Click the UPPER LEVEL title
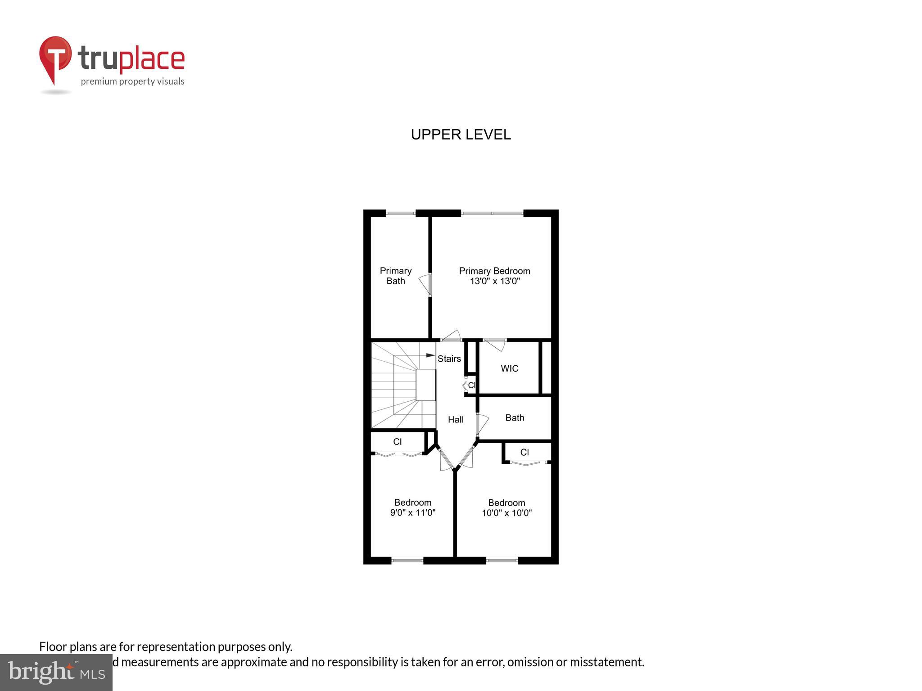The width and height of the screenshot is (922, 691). pyautogui.click(x=461, y=135)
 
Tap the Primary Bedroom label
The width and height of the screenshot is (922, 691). pyautogui.click(x=494, y=271)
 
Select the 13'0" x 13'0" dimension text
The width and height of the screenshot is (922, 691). pyautogui.click(x=495, y=281)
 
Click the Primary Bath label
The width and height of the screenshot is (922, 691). pyautogui.click(x=395, y=276)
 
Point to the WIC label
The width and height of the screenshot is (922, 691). pyautogui.click(x=509, y=368)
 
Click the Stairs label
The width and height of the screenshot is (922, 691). pyautogui.click(x=449, y=359)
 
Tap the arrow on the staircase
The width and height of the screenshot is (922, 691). pyautogui.click(x=430, y=355)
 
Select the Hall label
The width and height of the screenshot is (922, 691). pyautogui.click(x=456, y=420)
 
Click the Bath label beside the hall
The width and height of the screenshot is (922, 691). pyautogui.click(x=515, y=418)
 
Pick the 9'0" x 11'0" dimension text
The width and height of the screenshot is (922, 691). pyautogui.click(x=412, y=512)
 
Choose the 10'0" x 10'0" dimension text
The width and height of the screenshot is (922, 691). pyautogui.click(x=506, y=513)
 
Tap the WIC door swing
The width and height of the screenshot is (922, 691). pyautogui.click(x=495, y=345)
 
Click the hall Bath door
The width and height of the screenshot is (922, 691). pyautogui.click(x=482, y=424)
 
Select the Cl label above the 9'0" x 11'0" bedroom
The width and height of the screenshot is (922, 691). pyautogui.click(x=397, y=442)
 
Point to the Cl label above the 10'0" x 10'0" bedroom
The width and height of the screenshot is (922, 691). pyautogui.click(x=524, y=452)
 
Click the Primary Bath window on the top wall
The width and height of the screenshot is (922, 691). pyautogui.click(x=400, y=213)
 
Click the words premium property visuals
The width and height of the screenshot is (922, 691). pyautogui.click(x=132, y=81)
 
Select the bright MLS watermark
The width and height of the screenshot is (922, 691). pyautogui.click(x=56, y=672)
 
